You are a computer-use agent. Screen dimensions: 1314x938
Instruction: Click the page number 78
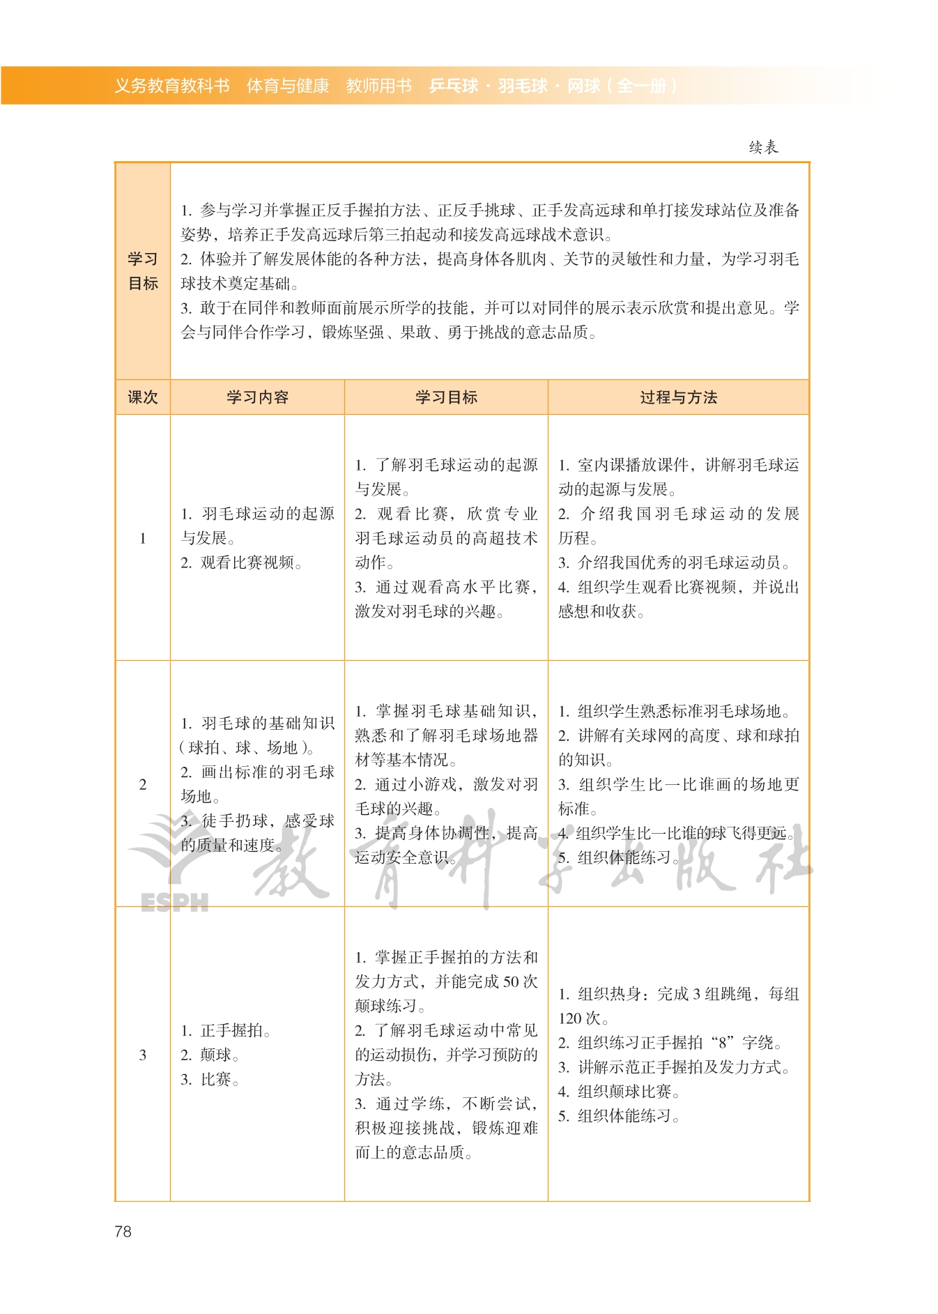tap(123, 1231)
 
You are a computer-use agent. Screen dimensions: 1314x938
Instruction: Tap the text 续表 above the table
tap(763, 147)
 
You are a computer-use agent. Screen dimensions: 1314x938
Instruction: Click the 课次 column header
tap(143, 397)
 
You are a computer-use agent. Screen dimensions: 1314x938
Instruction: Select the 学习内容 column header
tap(257, 397)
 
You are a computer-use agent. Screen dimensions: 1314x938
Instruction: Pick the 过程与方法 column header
tap(678, 397)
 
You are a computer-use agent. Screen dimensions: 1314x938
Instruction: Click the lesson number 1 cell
tap(143, 538)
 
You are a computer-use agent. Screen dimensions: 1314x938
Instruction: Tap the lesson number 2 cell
tap(143, 784)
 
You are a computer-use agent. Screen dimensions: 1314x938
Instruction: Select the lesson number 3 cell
tap(143, 1055)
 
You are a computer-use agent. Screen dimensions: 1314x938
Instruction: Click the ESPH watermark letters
tap(174, 903)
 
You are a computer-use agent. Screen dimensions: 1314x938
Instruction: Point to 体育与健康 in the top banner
tap(287, 86)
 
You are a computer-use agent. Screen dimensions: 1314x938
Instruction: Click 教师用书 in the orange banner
tap(378, 86)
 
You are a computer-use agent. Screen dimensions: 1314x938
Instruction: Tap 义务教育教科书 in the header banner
tap(171, 86)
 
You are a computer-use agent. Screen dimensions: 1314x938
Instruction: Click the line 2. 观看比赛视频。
tap(241, 563)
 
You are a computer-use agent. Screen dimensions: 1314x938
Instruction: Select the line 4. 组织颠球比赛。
tap(619, 1092)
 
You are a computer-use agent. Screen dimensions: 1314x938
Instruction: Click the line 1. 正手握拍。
tap(226, 1030)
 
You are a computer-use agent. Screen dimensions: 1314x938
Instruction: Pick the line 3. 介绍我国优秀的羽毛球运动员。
tap(674, 563)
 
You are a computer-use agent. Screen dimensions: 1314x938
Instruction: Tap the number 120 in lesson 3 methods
tap(570, 1018)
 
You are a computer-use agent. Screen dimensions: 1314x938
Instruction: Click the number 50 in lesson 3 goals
tap(511, 981)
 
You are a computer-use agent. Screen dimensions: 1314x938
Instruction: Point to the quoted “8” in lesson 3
tap(723, 1043)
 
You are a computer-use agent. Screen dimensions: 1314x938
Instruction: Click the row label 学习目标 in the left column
tap(143, 271)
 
